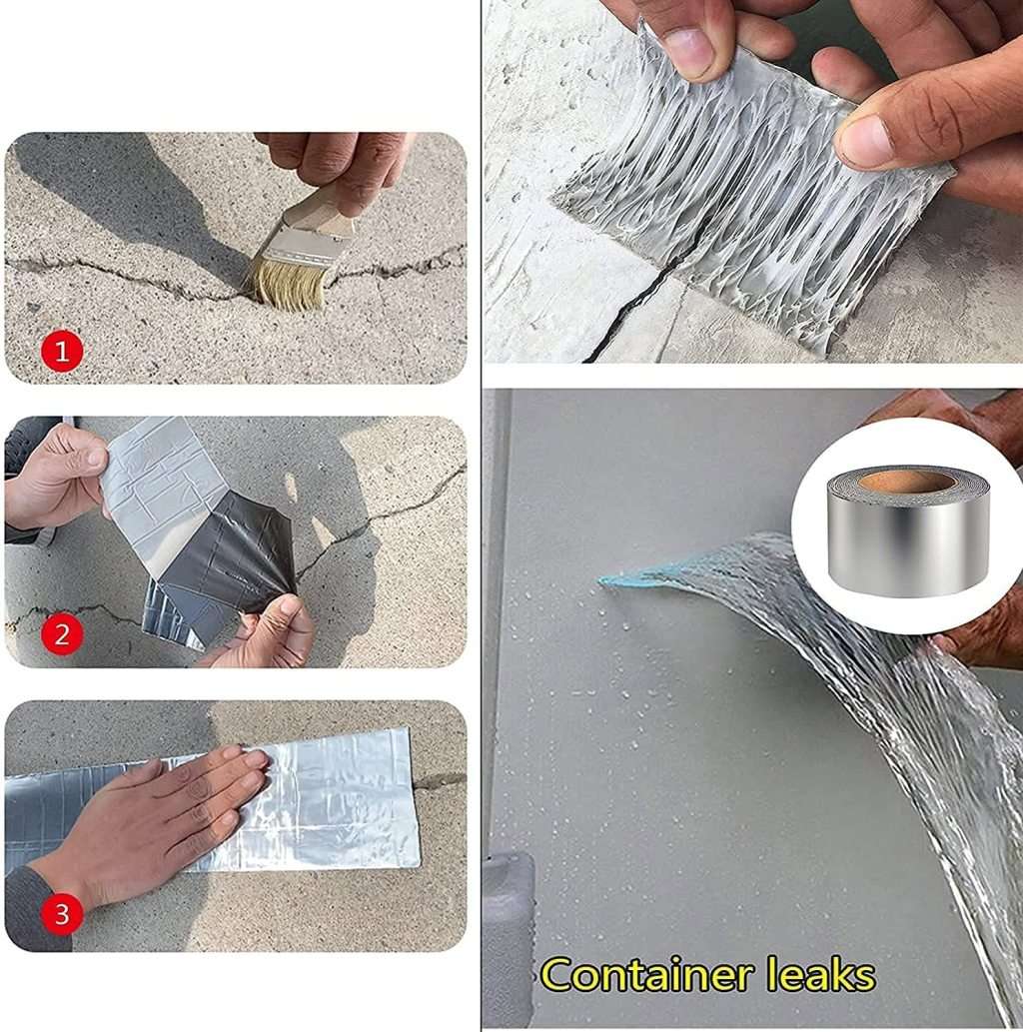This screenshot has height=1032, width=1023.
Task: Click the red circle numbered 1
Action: [x=62, y=351]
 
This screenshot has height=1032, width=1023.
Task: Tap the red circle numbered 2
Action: [x=62, y=634]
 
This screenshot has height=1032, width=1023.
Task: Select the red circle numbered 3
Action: [x=62, y=914]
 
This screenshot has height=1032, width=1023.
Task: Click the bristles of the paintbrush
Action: [x=289, y=283]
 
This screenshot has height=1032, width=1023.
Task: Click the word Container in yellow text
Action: [x=645, y=974]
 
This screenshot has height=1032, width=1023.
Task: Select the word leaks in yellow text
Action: [x=819, y=974]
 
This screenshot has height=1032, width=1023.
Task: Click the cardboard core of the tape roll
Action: [x=905, y=482]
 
